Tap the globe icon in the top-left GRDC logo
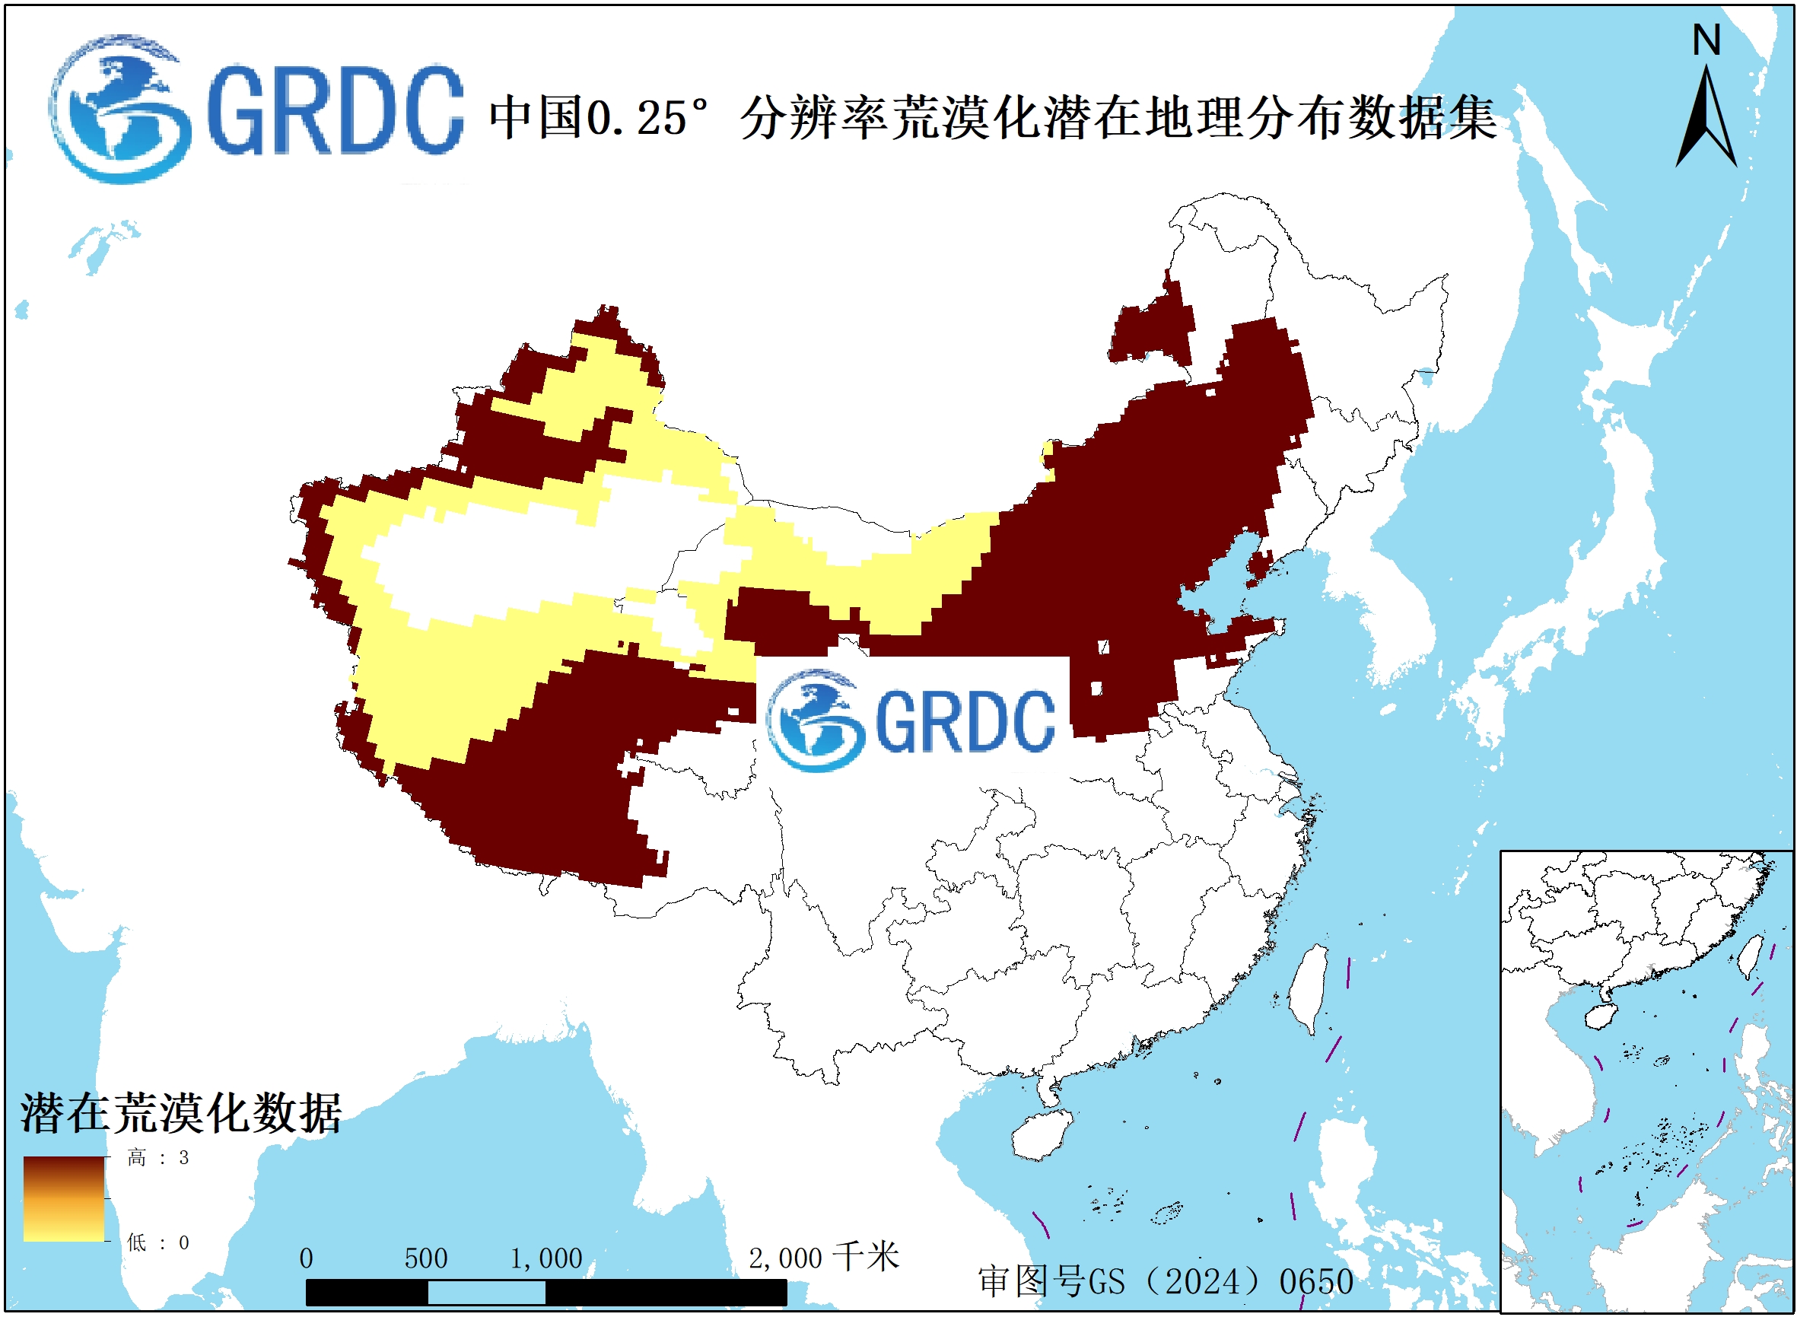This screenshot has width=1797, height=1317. point(119,110)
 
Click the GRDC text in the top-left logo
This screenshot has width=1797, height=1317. point(335,112)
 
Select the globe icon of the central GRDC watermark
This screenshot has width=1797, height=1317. point(815,720)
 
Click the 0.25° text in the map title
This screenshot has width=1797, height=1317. point(646,119)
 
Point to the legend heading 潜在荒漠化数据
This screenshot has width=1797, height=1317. point(181,1113)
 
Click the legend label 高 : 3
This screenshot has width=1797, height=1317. point(157,1157)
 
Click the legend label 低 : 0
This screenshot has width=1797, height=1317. point(157,1242)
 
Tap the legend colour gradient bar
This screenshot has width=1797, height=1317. point(64,1199)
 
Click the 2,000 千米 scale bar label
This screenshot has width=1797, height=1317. point(822,1257)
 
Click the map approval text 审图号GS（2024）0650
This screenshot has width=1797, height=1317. point(1165,1282)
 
